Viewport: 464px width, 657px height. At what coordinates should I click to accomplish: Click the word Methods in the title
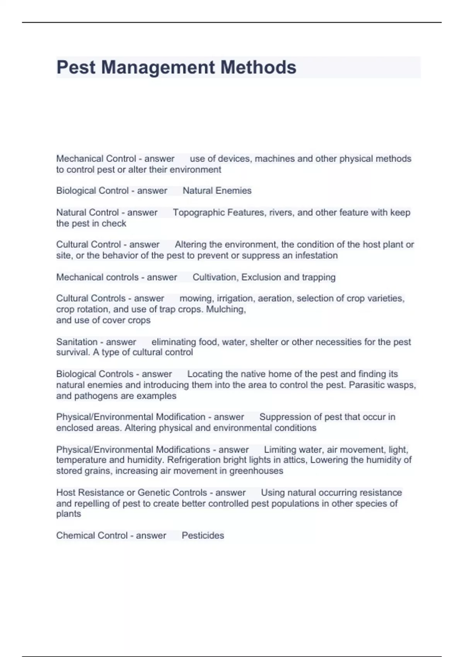tap(258, 67)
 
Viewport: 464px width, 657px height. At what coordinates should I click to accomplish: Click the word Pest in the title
tap(76, 67)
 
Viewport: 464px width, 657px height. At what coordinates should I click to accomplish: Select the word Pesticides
tap(203, 535)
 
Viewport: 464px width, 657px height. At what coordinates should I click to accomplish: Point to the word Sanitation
tap(77, 342)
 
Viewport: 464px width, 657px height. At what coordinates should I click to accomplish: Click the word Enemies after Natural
tap(234, 191)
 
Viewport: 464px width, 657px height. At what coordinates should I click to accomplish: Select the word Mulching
tap(226, 309)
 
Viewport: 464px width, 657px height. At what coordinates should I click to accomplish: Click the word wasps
tap(404, 385)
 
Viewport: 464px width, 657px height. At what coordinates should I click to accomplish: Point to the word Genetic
tap(153, 492)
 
